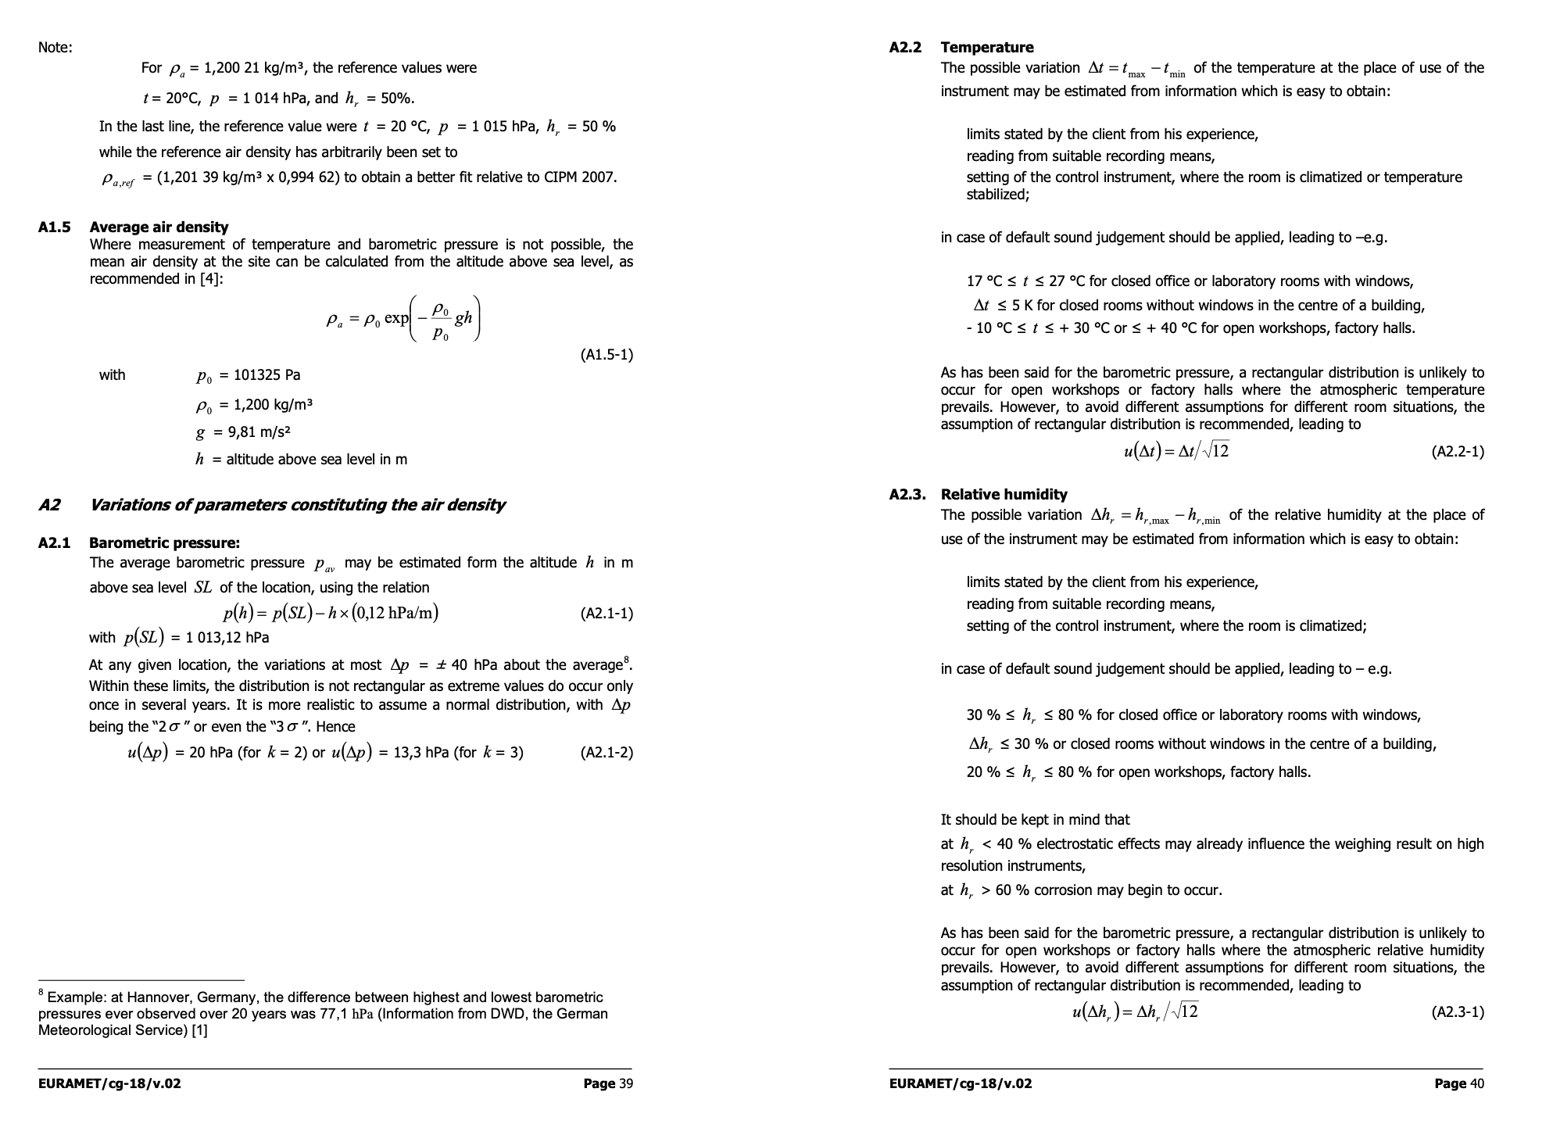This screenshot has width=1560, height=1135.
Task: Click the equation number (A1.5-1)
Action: [606, 355]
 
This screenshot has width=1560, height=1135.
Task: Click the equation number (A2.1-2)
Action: [606, 753]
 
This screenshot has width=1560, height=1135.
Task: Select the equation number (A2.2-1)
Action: [1458, 452]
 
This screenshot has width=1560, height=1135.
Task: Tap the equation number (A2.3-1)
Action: [1458, 1012]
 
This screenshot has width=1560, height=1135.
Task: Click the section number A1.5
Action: [54, 227]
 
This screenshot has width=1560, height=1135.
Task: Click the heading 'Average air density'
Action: [159, 227]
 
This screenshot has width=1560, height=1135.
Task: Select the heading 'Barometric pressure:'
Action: [164, 543]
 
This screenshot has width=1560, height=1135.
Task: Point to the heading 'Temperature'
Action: [987, 48]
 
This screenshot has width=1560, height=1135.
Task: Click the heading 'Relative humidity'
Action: [1004, 495]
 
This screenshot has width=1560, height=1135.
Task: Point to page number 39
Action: [625, 1083]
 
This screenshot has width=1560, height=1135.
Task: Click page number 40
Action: [1476, 1083]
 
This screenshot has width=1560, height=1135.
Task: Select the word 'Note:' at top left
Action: [55, 48]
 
